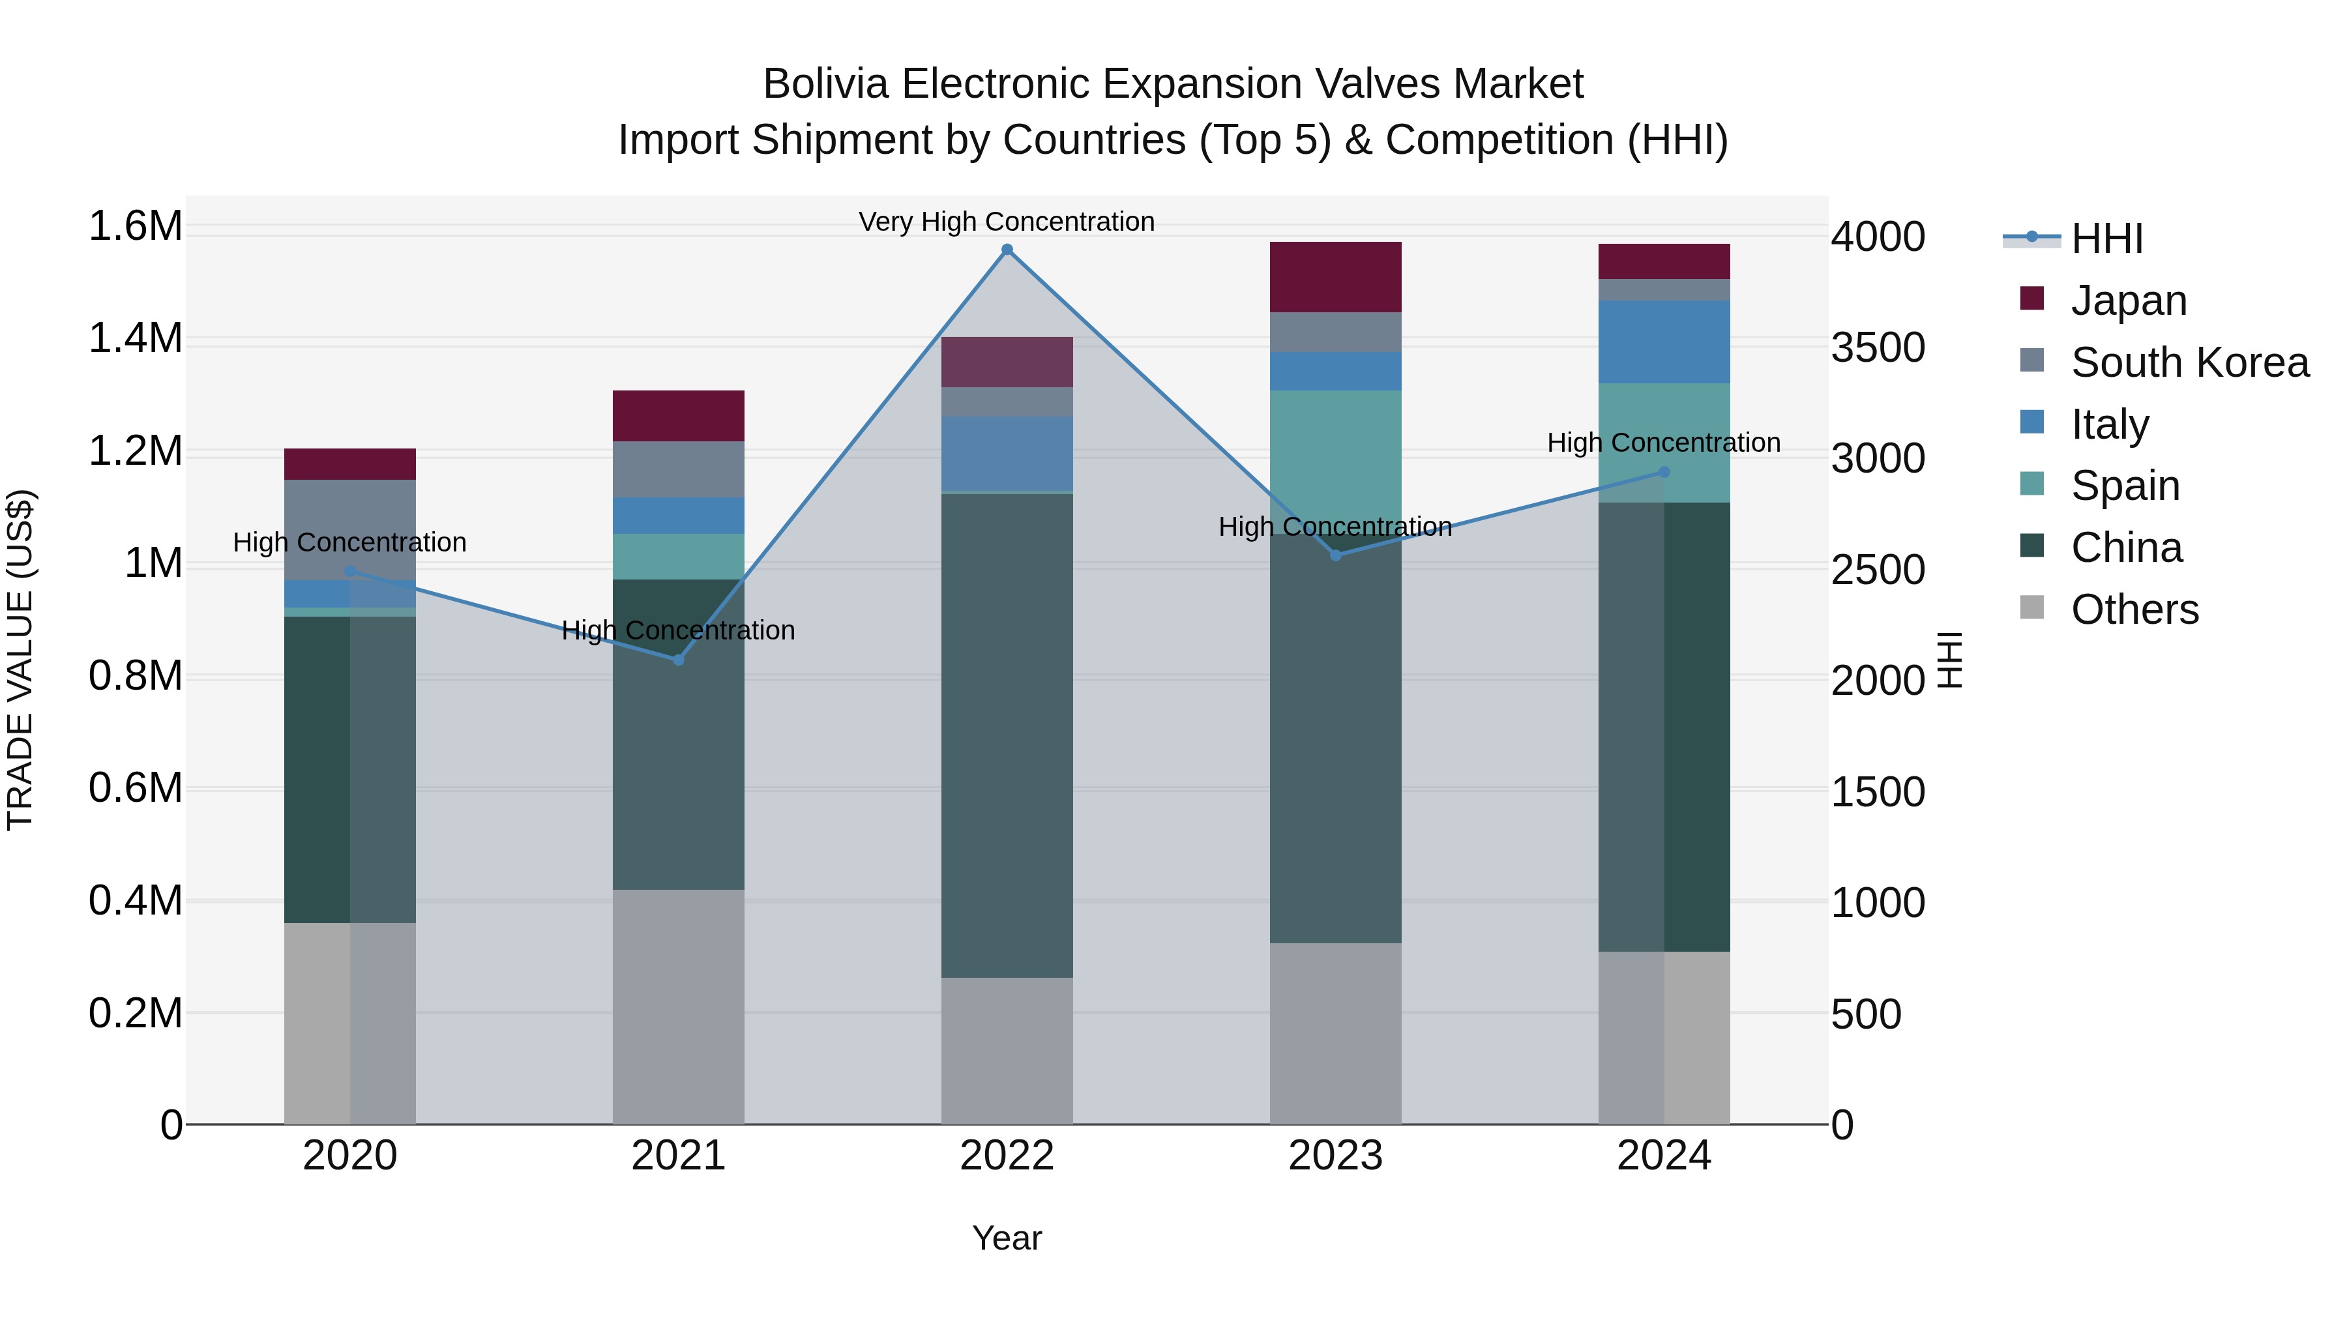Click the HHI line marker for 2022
tap(1007, 250)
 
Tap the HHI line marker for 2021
tap(678, 660)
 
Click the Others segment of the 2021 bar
tap(678, 1006)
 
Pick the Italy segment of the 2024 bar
tap(1664, 342)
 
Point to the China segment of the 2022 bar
tap(1007, 735)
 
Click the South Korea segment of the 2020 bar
tap(350, 529)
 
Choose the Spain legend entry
tap(2125, 486)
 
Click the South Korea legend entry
tap(2189, 362)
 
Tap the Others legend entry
tap(2134, 609)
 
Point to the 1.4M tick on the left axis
tap(136, 339)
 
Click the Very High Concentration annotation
tap(1007, 222)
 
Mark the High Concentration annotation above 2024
tap(1664, 443)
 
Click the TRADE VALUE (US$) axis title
tap(20, 660)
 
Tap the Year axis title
tap(1007, 1238)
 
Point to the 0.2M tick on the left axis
tap(136, 1013)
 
